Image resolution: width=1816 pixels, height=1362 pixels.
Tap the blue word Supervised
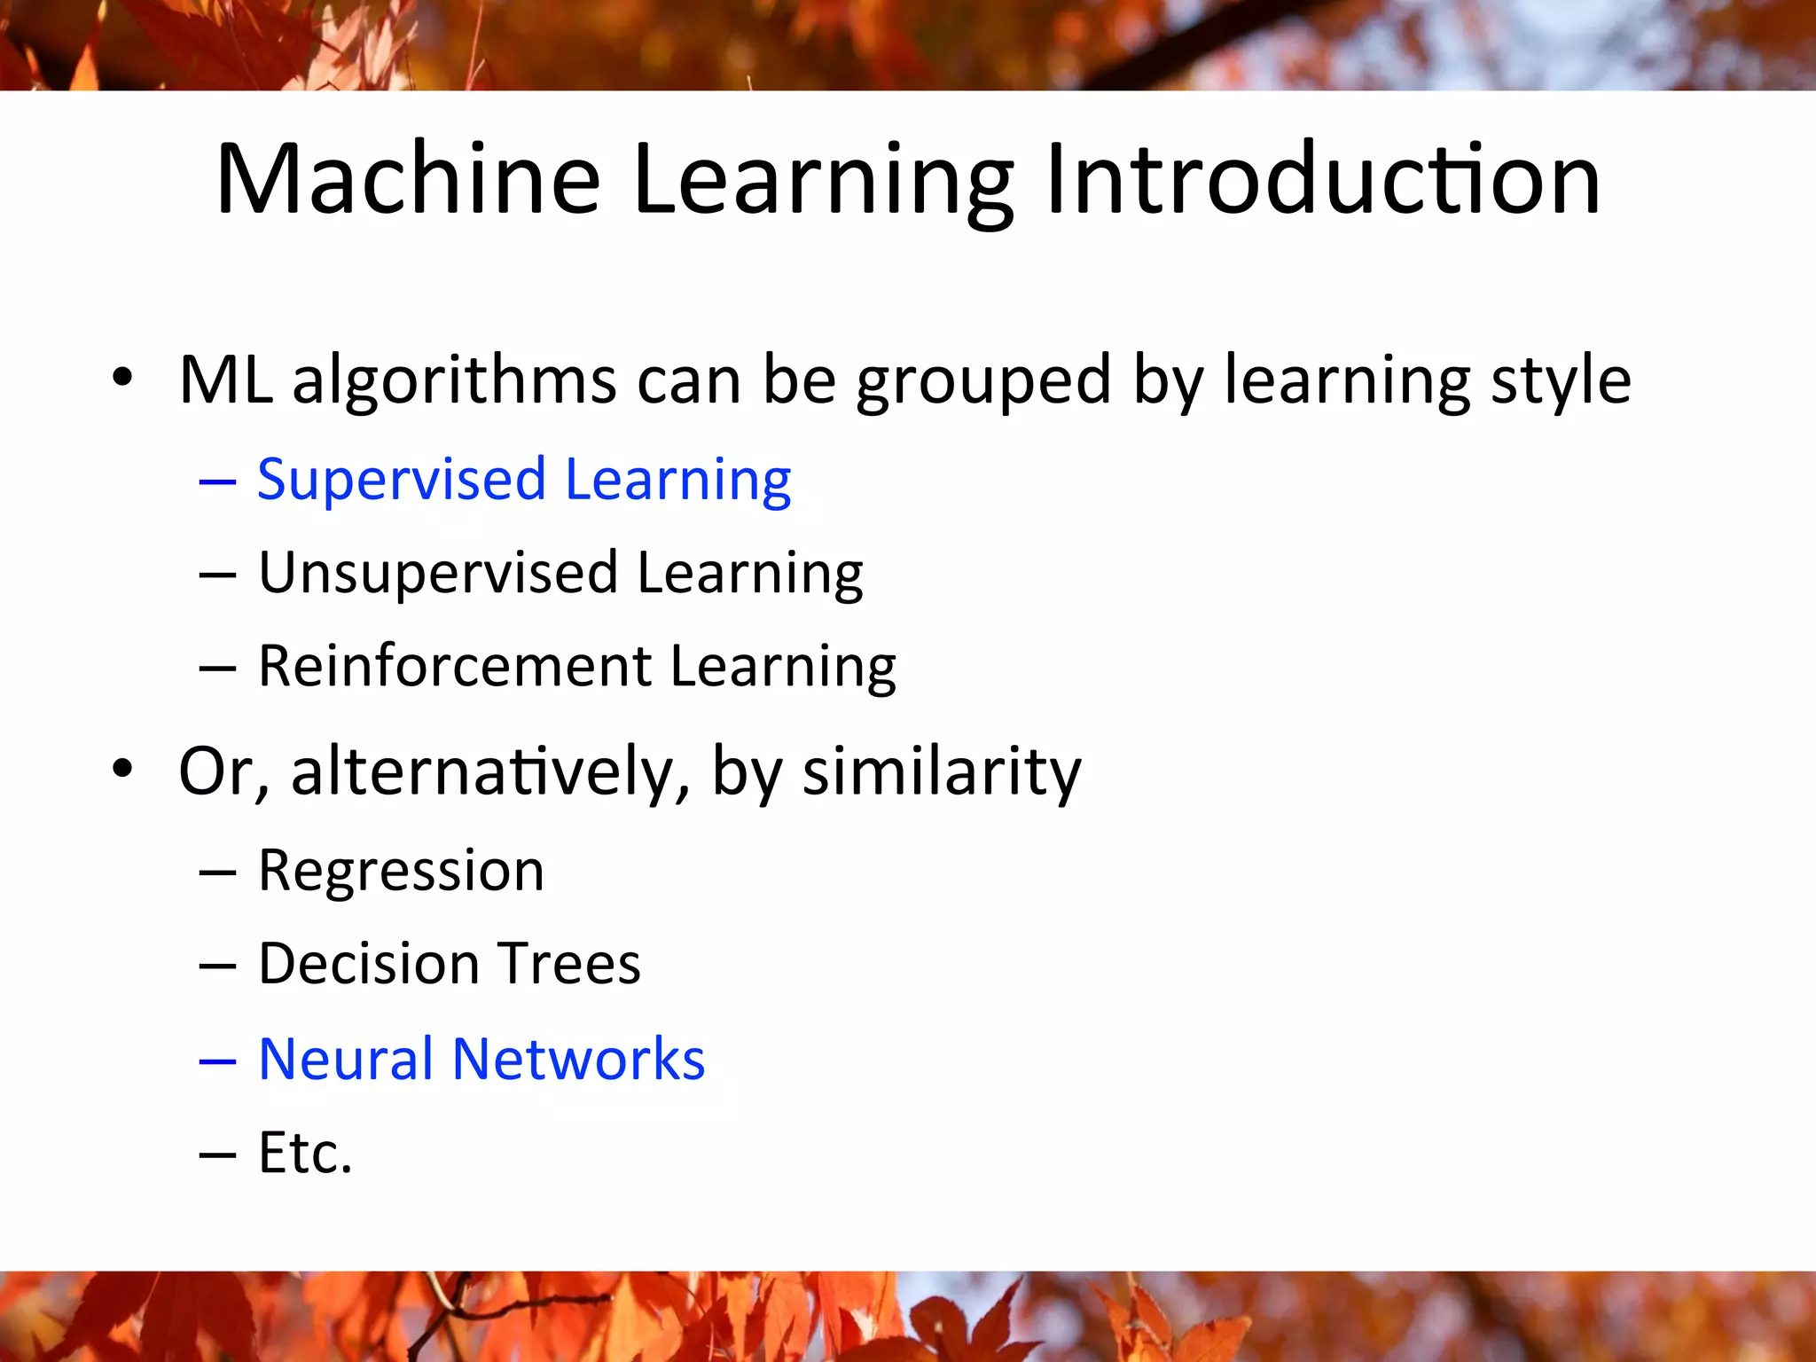pos(401,481)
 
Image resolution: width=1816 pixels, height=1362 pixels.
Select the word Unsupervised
pos(438,574)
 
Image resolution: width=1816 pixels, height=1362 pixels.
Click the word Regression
pos(401,871)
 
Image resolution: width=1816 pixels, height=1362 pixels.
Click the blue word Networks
pos(578,1059)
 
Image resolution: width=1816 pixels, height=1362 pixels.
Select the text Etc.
pos(305,1153)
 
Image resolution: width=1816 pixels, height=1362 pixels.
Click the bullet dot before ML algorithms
pos(122,378)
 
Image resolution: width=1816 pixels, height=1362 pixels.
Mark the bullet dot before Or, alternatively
pos(122,768)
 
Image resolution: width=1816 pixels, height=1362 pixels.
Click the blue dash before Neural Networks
pos(217,1061)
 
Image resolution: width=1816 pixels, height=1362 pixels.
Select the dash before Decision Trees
pos(217,966)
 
